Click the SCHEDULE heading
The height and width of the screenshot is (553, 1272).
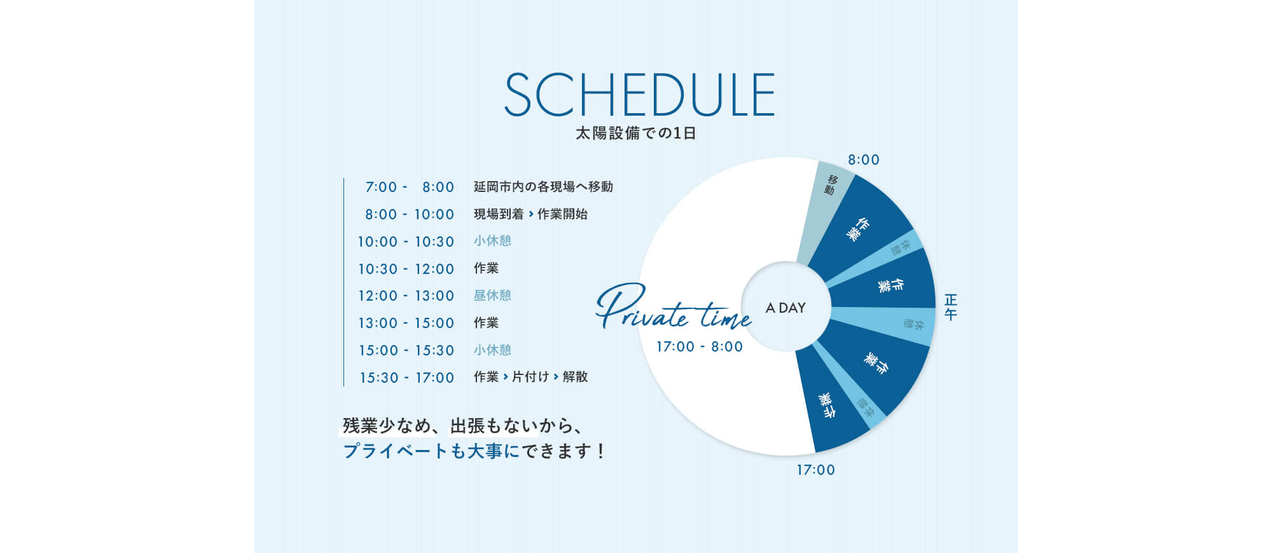pyautogui.click(x=639, y=94)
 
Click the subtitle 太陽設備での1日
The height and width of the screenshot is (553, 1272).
pyautogui.click(x=636, y=133)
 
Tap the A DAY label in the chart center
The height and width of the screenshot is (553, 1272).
pyautogui.click(x=786, y=308)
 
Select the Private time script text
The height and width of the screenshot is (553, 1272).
pyautogui.click(x=674, y=308)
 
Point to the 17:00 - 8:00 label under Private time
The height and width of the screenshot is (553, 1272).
pyautogui.click(x=700, y=346)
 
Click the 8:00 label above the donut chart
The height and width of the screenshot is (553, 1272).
pyautogui.click(x=864, y=160)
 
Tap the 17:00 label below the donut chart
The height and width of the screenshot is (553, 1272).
pyautogui.click(x=816, y=470)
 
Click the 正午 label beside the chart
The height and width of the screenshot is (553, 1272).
pyautogui.click(x=951, y=307)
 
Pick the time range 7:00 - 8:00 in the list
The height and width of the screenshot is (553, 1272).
pyautogui.click(x=410, y=187)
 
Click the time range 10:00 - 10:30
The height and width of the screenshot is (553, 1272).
pyautogui.click(x=406, y=242)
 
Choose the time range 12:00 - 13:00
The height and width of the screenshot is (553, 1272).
pyautogui.click(x=406, y=296)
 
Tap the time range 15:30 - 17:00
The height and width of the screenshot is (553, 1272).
pyautogui.click(x=407, y=378)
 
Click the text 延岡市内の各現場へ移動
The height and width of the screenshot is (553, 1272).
pyautogui.click(x=543, y=186)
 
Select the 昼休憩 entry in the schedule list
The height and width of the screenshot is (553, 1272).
pyautogui.click(x=492, y=295)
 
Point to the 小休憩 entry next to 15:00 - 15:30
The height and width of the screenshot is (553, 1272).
pyautogui.click(x=492, y=350)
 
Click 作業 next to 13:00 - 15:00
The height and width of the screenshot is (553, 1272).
pyautogui.click(x=486, y=322)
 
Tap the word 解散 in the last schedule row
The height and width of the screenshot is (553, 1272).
pyautogui.click(x=575, y=376)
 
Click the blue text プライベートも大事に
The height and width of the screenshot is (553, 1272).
pyautogui.click(x=431, y=451)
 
